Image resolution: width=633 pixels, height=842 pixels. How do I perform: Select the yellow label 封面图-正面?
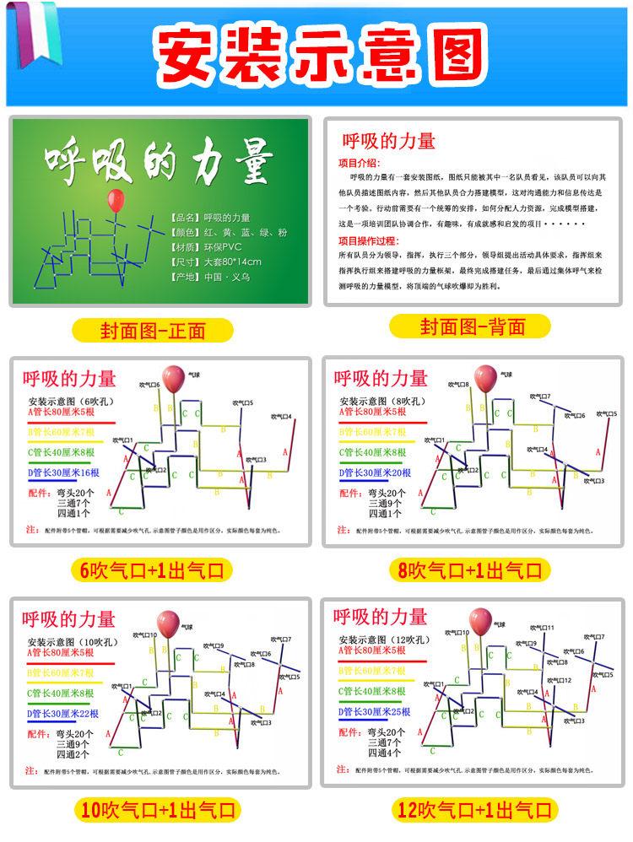(153, 329)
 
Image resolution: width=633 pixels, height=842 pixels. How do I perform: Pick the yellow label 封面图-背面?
(471, 327)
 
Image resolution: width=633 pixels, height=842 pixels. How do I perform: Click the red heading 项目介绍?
(360, 163)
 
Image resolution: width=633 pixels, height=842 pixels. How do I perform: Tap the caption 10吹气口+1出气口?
(157, 811)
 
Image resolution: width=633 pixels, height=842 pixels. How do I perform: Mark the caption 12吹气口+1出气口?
(476, 811)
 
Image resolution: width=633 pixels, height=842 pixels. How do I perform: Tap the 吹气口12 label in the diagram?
(558, 680)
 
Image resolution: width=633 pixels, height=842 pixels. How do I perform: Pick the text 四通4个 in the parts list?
(384, 753)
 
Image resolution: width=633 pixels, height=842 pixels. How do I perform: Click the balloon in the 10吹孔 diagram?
(169, 623)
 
